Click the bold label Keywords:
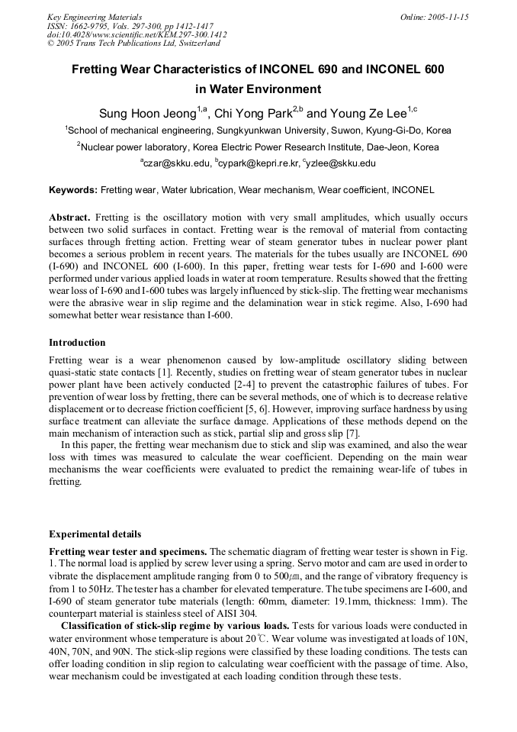[73, 190]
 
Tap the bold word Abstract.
[69, 218]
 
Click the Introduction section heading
[77, 343]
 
